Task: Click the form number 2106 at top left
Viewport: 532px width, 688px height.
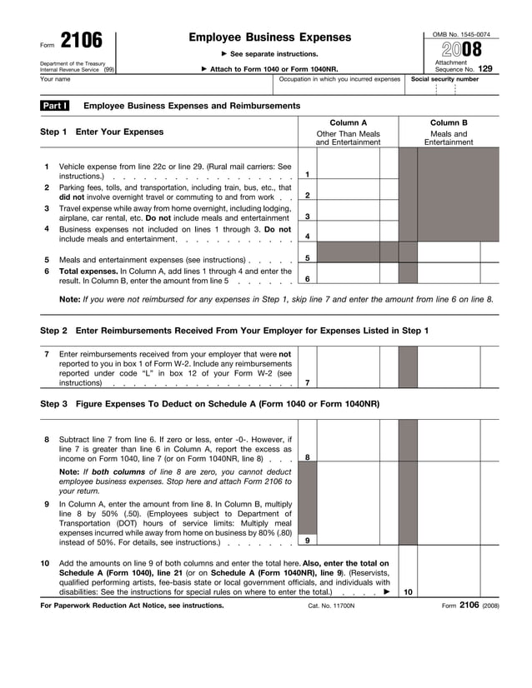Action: [x=81, y=41]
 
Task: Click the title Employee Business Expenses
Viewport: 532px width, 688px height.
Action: [x=270, y=37]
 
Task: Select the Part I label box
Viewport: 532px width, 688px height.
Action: [x=55, y=106]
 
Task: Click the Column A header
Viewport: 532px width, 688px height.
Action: [x=348, y=122]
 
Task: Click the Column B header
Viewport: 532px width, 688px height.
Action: [x=449, y=122]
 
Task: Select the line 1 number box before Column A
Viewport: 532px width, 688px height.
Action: [x=308, y=174]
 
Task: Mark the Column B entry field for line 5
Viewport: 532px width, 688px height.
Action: [x=449, y=257]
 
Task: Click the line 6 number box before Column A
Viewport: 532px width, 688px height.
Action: [x=308, y=278]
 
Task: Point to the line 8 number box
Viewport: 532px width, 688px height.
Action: [x=308, y=456]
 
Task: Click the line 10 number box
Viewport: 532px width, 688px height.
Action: [x=408, y=591]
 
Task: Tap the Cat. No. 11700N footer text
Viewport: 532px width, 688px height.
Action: [x=331, y=606]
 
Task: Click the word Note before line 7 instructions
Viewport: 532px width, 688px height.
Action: [x=69, y=299]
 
